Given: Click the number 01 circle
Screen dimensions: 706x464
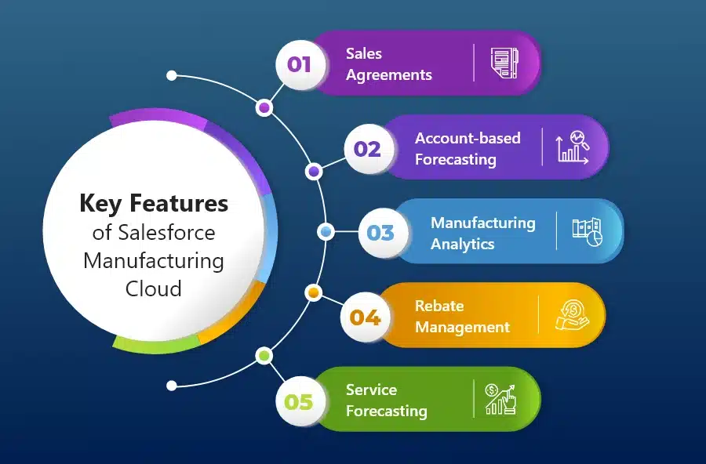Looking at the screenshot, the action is click(x=300, y=64).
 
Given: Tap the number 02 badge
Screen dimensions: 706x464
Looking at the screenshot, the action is click(x=369, y=149).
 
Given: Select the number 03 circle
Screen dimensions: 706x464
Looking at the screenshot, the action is click(x=383, y=233).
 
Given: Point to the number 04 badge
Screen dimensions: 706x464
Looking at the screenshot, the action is click(x=365, y=317).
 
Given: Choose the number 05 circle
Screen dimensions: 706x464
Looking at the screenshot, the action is click(x=300, y=401).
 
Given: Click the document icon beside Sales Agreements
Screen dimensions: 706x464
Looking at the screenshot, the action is click(x=504, y=63).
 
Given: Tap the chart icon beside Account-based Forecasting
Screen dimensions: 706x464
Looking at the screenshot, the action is click(x=573, y=147).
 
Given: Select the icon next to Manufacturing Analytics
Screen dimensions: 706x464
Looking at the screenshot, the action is click(x=587, y=232).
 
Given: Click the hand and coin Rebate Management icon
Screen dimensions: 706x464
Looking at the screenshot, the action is click(x=572, y=316).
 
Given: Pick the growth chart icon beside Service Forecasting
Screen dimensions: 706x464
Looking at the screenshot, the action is click(x=500, y=400).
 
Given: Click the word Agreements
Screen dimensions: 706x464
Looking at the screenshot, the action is click(x=389, y=75).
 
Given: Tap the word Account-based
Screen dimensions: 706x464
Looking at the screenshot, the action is click(x=468, y=138).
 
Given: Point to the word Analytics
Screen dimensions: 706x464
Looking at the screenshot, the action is click(x=462, y=244).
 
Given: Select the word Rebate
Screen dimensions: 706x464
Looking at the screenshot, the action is click(x=439, y=306).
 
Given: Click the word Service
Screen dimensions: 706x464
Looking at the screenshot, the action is click(x=372, y=390).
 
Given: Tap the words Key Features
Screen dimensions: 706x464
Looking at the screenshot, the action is click(x=154, y=203).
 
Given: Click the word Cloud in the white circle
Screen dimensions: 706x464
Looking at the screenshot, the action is click(x=154, y=288).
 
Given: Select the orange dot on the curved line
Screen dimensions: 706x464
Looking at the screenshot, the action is click(x=313, y=293).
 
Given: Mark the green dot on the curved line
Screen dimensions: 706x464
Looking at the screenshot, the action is click(x=264, y=356).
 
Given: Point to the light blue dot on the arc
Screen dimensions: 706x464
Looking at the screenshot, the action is click(x=326, y=232).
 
